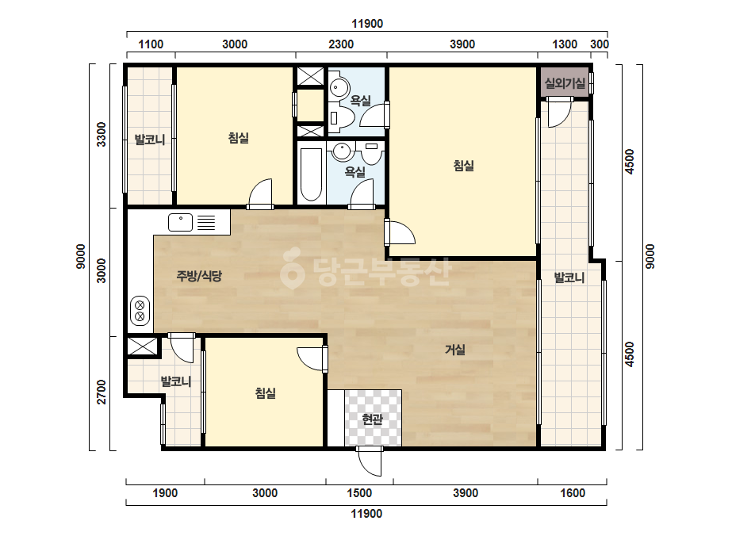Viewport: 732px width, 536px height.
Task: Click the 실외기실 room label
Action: click(x=565, y=83)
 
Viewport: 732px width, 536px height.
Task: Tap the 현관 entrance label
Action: click(x=373, y=419)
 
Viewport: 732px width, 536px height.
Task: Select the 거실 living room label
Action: click(x=455, y=350)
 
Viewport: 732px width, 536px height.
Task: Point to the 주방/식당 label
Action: click(x=199, y=276)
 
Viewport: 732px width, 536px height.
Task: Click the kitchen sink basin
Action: click(x=180, y=222)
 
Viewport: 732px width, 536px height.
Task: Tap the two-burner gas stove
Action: click(x=140, y=311)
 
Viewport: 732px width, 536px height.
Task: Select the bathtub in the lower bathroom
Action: click(x=311, y=174)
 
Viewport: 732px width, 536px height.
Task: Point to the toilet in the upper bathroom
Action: click(x=341, y=117)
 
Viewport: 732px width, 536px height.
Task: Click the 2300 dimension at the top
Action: click(x=341, y=44)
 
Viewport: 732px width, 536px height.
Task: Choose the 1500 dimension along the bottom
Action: click(x=359, y=493)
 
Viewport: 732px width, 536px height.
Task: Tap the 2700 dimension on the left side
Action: click(x=102, y=392)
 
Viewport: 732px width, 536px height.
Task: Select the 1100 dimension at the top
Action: click(x=151, y=44)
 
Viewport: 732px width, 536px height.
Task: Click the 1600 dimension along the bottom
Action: click(x=573, y=493)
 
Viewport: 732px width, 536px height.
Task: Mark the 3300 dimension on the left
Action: click(x=102, y=135)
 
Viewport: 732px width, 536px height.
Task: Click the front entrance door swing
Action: click(x=370, y=461)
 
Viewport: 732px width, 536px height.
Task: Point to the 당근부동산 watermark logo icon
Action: click(x=292, y=267)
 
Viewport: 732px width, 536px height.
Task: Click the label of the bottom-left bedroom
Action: click(x=265, y=393)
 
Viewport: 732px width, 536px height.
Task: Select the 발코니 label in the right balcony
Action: click(x=569, y=278)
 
